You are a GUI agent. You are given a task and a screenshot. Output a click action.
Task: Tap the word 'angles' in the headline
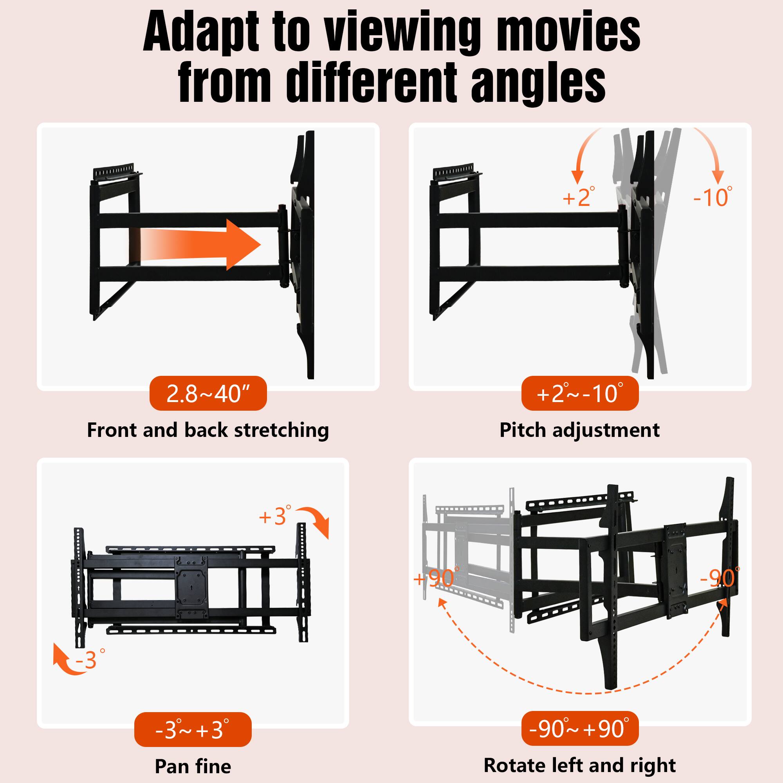pyautogui.click(x=539, y=83)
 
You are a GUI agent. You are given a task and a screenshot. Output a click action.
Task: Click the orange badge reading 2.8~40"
pyautogui.click(x=208, y=393)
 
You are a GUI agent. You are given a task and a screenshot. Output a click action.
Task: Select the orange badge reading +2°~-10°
pyautogui.click(x=579, y=393)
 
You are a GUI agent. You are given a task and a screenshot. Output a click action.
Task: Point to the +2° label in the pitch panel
pyautogui.click(x=579, y=197)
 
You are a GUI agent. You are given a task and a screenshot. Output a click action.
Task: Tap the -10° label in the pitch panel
pyautogui.click(x=713, y=197)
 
